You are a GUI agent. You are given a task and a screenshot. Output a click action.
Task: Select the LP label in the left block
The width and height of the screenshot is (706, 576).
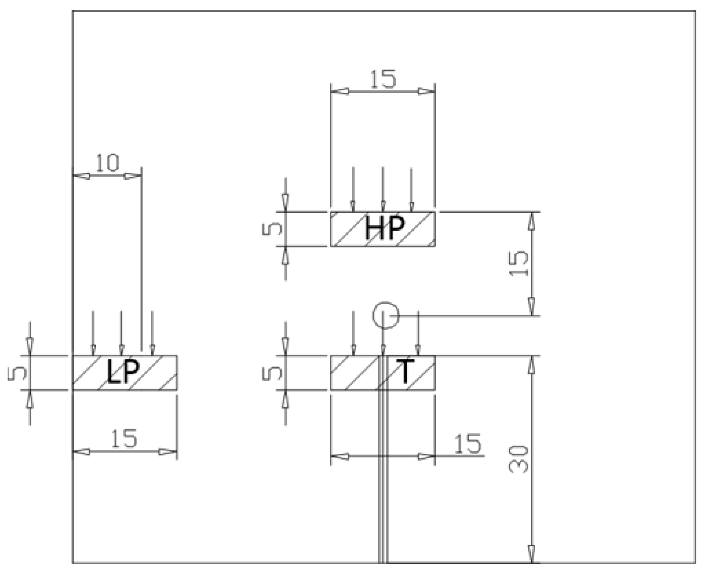point(123,372)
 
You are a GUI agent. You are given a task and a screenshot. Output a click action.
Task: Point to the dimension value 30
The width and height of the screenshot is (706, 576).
point(518,459)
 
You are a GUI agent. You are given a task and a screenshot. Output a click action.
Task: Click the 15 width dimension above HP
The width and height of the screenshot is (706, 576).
point(383,79)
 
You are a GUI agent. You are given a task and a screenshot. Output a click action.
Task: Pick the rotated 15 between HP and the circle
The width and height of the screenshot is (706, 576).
point(519,263)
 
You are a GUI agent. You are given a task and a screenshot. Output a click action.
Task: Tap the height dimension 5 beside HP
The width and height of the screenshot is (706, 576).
point(272,229)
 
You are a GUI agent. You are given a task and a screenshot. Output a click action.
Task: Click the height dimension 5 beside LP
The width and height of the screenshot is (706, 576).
point(17,373)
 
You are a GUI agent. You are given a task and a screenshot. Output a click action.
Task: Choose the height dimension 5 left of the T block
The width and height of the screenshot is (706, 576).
point(272,373)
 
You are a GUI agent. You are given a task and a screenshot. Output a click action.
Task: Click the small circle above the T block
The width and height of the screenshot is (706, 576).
point(386,315)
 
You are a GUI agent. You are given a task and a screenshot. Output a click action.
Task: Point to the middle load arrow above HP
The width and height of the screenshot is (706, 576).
point(383,189)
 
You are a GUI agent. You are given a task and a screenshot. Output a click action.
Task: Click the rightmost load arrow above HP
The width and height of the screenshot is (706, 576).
point(411,189)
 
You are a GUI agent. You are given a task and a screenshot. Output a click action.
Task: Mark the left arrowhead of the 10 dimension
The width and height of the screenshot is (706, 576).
point(82,176)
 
